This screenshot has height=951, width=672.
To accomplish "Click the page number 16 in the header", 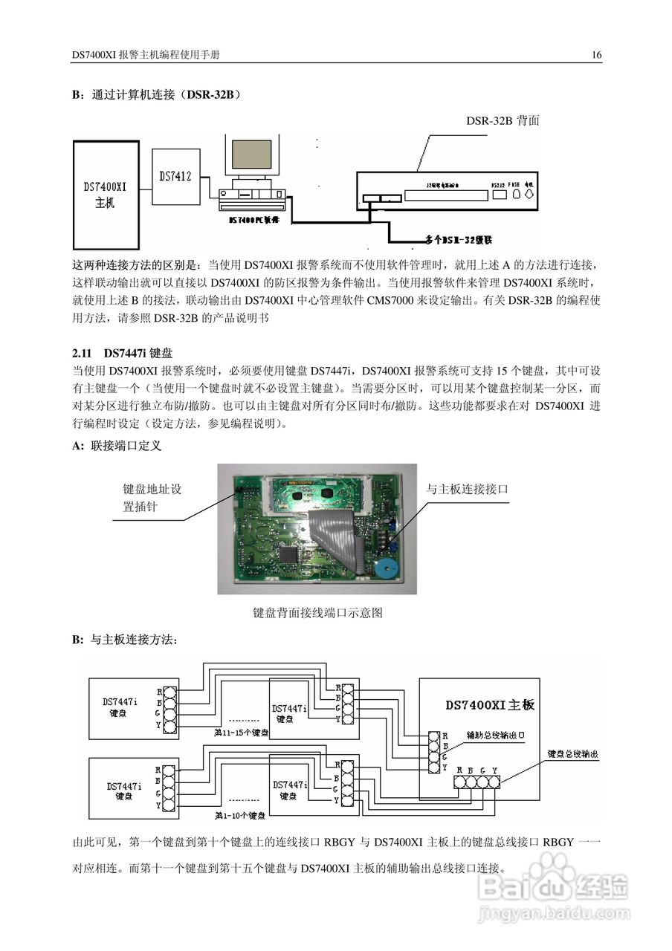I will point(596,55).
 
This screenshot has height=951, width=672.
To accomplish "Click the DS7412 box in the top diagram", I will point(175,176).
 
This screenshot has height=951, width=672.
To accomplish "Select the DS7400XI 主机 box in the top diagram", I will point(106,195).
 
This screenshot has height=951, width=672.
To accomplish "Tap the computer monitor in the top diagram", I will point(251,156).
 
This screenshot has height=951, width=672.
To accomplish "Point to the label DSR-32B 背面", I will point(503,120).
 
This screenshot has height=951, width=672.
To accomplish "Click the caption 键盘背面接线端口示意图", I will point(317,613).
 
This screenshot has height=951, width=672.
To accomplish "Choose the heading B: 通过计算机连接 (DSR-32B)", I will point(155,95).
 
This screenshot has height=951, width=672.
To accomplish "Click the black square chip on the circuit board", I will point(289,554).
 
